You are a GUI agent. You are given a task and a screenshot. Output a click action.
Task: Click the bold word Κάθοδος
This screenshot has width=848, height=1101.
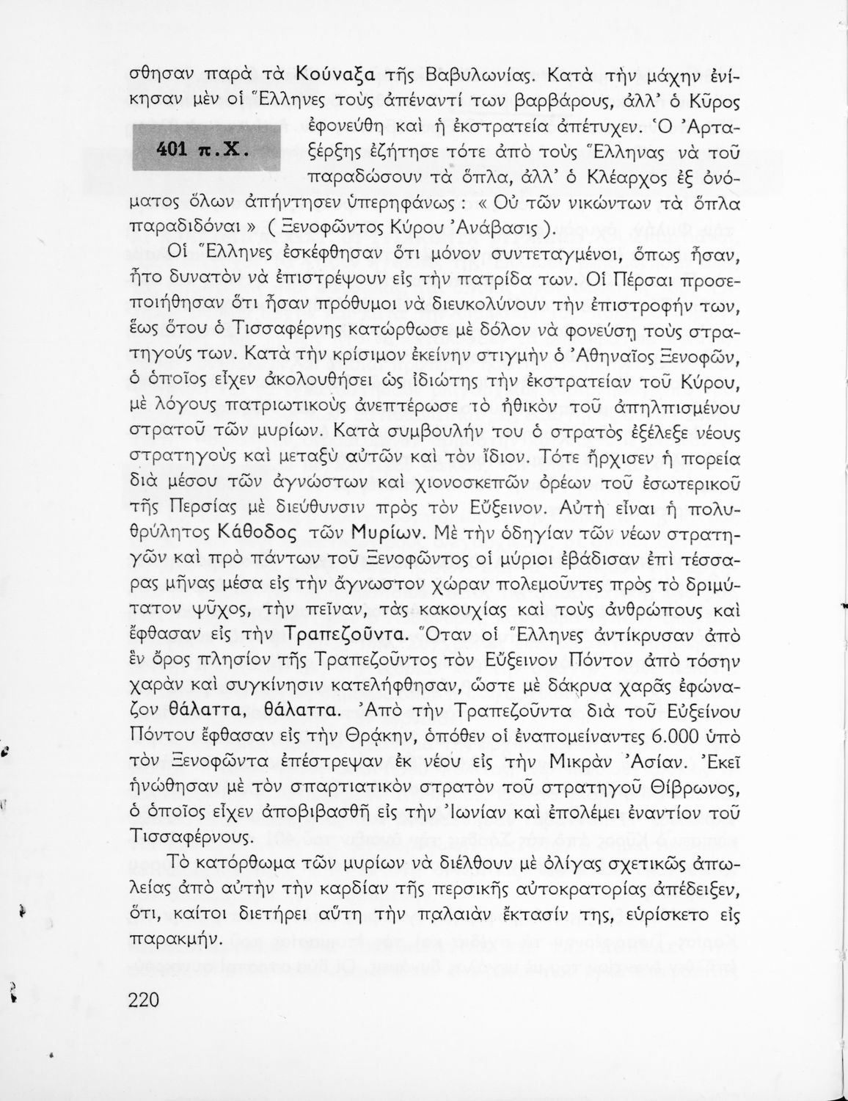click(x=257, y=531)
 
